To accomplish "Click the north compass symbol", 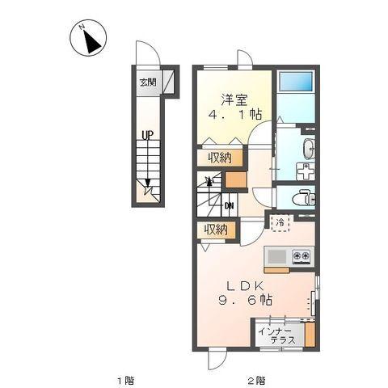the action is point(88,38).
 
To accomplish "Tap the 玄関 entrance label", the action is point(148,82).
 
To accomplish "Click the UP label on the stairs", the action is point(147,135).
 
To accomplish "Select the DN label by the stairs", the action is point(229,206).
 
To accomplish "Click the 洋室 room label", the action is point(234,99).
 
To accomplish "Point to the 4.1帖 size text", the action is point(234,115).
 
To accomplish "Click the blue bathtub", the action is point(296,82).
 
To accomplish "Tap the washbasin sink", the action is point(309,149).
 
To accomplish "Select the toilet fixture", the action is point(304,198).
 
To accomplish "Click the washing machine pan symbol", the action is point(306,171).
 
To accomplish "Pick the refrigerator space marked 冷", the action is point(280,223).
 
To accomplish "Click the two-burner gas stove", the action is point(302,257).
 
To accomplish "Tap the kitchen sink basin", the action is point(276,256).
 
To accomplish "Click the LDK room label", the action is point(245,286).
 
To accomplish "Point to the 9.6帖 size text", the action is point(245,300).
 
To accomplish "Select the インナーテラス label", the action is point(276,335).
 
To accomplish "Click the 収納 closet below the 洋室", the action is point(220,158).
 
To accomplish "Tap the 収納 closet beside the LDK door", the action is point(216,230).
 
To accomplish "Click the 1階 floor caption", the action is point(125,381).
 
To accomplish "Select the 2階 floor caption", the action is point(256,381).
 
